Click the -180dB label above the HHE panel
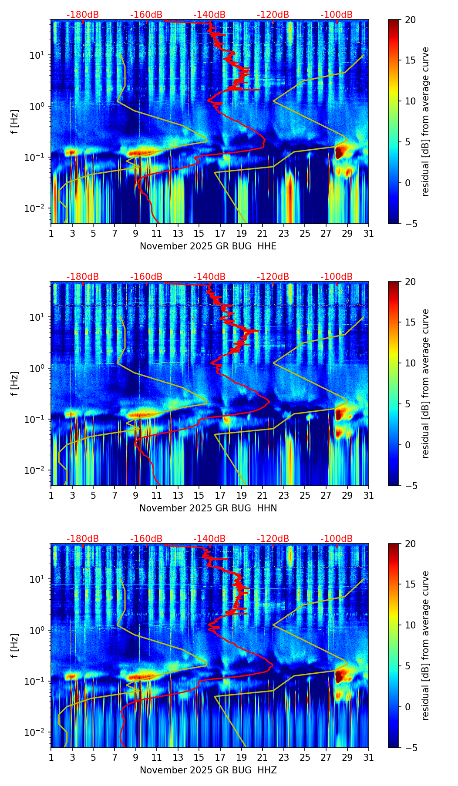tap(83, 15)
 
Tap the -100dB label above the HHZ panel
tap(337, 539)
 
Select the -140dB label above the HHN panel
tap(209, 277)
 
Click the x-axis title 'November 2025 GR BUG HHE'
tap(208, 246)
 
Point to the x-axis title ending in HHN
tap(208, 508)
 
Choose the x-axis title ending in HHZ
tap(208, 770)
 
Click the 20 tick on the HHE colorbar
tap(410, 20)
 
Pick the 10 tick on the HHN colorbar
tap(410, 363)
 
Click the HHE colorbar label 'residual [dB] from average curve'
tap(425, 121)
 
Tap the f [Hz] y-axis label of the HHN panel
tap(15, 383)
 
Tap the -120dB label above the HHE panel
tap(273, 15)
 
